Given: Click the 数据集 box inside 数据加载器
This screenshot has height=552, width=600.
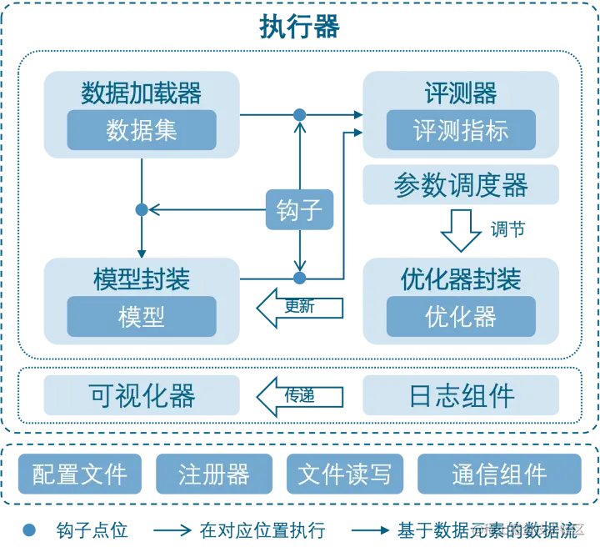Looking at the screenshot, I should [142, 130].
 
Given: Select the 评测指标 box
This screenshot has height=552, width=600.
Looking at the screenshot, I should [461, 130].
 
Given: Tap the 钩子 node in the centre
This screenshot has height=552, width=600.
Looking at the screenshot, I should [299, 209].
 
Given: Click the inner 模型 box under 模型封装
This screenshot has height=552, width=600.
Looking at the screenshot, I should [142, 316].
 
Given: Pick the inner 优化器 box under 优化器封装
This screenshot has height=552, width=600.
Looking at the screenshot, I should [461, 316].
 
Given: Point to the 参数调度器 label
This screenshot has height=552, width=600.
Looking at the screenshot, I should [461, 185].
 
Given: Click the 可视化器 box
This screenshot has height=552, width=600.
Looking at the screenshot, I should [142, 396].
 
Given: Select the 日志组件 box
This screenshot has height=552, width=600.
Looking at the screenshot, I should [461, 396].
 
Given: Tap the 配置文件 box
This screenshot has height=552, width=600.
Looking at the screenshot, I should [80, 474].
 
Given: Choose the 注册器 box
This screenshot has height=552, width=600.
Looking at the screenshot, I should [214, 474].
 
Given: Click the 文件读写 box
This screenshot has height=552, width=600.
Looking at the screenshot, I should [344, 474].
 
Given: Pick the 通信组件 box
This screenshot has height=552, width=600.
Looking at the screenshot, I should [498, 474].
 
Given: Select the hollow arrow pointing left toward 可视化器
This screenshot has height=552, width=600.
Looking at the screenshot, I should [299, 396].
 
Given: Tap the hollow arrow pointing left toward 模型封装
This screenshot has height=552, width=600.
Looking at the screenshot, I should [299, 308].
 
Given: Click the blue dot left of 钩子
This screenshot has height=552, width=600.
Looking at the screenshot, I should [142, 210].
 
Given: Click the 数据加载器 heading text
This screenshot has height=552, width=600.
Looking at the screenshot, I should [142, 93].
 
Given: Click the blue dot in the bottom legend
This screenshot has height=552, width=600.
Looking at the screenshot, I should [29, 529].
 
